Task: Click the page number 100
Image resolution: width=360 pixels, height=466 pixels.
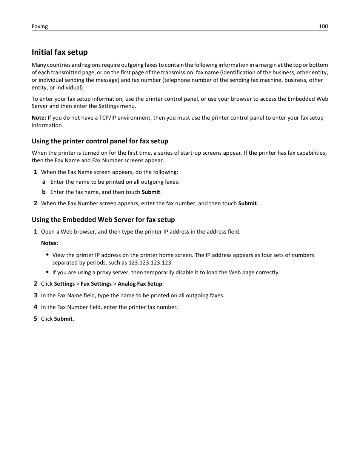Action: point(323,26)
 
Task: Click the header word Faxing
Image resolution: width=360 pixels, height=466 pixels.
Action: point(40,26)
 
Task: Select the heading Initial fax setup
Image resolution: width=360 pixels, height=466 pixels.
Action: point(60,52)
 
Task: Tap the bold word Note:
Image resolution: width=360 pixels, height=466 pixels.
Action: point(39,118)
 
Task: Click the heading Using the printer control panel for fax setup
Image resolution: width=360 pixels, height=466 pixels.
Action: point(100,141)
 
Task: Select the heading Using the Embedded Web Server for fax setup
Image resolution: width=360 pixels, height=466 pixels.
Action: point(103,220)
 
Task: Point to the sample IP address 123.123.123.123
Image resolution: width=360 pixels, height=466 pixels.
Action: point(150,263)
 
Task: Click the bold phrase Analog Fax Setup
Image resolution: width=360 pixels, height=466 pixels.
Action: point(140,284)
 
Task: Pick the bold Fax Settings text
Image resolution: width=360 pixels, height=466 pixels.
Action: point(96,284)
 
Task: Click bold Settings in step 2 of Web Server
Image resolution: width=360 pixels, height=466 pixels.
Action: point(65,284)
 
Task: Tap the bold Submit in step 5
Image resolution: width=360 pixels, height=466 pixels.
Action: point(63,319)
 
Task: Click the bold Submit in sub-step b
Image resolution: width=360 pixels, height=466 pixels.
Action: point(151,192)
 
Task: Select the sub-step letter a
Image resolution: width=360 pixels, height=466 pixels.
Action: point(44,182)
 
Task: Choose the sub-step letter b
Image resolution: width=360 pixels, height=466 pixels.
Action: point(44,192)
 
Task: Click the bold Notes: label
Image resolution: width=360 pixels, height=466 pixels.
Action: point(49,243)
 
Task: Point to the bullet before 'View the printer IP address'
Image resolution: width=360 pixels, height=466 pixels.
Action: point(48,255)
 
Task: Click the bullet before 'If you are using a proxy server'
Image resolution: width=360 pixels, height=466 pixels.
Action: point(48,272)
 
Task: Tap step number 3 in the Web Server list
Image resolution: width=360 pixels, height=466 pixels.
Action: point(35,295)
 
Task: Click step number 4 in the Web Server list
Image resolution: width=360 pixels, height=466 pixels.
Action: point(35,307)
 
